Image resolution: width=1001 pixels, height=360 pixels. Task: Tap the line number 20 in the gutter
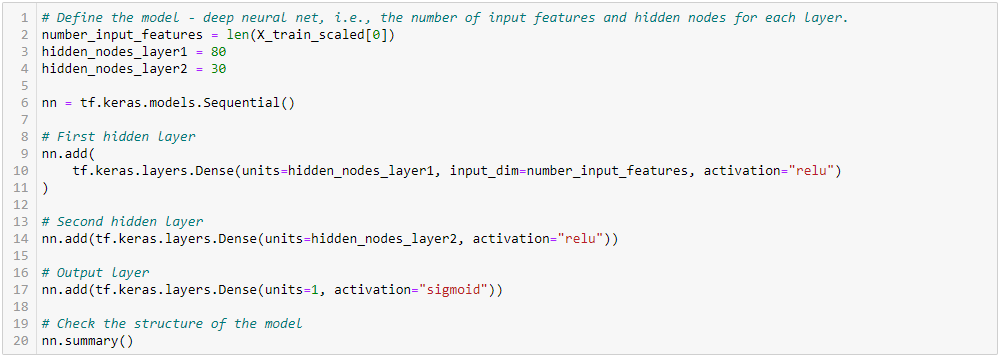pyautogui.click(x=22, y=341)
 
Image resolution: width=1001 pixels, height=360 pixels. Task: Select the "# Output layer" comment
pyautogui.click(x=96, y=273)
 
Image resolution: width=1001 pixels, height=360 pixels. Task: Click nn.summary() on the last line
pyautogui.click(x=88, y=341)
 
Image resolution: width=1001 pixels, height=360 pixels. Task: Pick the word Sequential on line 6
pyautogui.click(x=246, y=103)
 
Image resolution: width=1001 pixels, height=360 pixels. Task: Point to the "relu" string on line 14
pyautogui.click(x=577, y=239)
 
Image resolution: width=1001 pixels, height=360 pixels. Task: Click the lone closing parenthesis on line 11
pyautogui.click(x=45, y=188)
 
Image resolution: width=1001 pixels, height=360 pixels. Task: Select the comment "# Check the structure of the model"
pyautogui.click(x=172, y=324)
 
